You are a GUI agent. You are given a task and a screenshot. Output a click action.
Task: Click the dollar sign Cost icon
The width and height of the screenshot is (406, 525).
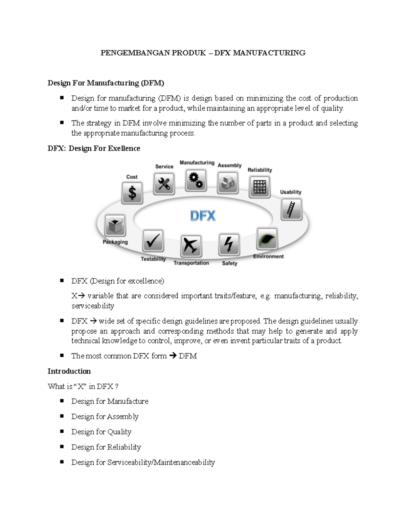[x=132, y=193]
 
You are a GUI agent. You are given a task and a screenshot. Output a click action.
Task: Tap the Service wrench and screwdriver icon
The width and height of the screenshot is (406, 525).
[x=164, y=184]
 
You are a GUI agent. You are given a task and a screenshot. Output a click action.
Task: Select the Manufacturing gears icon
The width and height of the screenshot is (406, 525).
[x=196, y=180]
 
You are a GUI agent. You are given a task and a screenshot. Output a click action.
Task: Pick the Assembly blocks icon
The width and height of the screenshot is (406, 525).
[x=228, y=183]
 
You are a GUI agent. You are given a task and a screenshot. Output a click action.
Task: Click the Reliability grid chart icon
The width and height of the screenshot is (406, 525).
[x=260, y=187]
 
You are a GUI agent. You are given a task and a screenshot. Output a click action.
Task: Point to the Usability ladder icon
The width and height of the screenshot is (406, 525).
[x=291, y=209]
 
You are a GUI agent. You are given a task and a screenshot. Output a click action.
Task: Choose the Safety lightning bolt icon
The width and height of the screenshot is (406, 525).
[x=229, y=244]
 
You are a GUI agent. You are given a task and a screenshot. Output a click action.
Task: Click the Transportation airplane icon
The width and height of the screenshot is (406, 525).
[x=191, y=245]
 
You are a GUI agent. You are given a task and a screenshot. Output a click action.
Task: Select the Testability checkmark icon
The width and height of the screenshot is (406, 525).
[x=153, y=241]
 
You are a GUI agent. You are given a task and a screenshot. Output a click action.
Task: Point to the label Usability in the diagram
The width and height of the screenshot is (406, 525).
[x=291, y=192]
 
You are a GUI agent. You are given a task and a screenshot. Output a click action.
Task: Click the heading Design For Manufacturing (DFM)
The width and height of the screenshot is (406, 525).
[x=106, y=83]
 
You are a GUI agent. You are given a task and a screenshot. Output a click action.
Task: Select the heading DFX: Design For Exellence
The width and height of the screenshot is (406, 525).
[x=94, y=148]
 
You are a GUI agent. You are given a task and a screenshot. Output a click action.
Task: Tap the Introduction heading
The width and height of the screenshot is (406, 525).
[x=69, y=371]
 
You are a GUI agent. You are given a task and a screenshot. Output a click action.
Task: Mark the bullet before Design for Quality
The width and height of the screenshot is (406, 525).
[x=62, y=431]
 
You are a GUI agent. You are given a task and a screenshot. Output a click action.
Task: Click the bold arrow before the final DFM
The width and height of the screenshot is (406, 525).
[x=173, y=356]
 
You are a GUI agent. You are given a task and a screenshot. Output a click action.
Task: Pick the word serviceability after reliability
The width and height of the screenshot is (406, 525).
[x=93, y=306]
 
